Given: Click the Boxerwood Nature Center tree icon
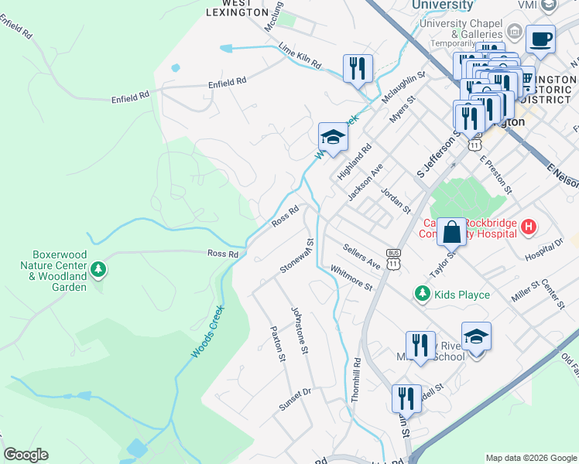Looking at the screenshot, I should (x=98, y=270).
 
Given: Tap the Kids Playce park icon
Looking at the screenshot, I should (x=422, y=294).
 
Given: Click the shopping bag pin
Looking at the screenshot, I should (x=452, y=230).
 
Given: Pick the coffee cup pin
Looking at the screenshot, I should (x=540, y=38).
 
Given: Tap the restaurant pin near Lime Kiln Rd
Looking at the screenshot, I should (x=358, y=68).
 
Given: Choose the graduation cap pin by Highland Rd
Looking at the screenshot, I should (x=333, y=138).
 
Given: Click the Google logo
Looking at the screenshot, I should (x=26, y=455).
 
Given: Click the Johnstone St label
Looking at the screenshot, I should (x=300, y=330).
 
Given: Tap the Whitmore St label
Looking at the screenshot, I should (x=351, y=278).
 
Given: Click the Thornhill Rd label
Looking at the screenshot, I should (x=356, y=379).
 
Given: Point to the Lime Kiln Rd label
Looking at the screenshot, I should (x=300, y=56).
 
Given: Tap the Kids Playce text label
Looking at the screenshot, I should (x=462, y=295).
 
